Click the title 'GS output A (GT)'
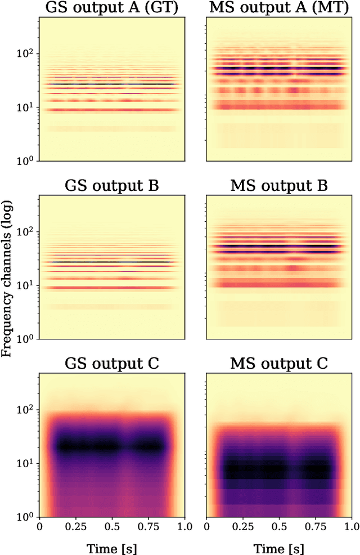click(111, 8)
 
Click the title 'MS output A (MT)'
click(278, 8)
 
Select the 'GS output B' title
click(111, 186)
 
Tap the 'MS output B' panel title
click(278, 186)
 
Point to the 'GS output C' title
click(111, 364)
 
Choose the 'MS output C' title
click(278, 364)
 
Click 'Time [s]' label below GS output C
click(111, 547)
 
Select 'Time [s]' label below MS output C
click(278, 547)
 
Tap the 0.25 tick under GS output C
click(75, 527)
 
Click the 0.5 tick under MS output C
click(279, 527)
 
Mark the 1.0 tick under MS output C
click(351, 527)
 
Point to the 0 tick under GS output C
click(39, 527)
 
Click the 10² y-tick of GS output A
click(26, 54)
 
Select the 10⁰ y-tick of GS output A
click(26, 161)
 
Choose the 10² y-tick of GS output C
click(26, 410)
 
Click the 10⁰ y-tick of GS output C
click(26, 517)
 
